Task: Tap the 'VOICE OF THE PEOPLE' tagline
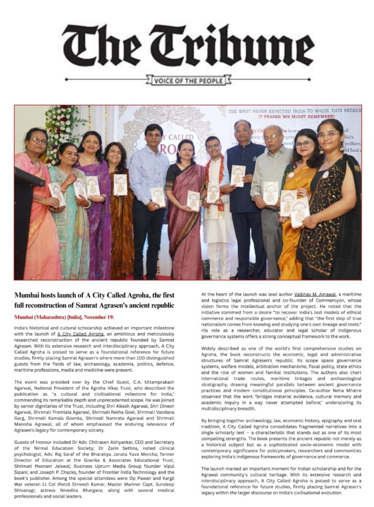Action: pyautogui.click(x=188, y=80)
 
